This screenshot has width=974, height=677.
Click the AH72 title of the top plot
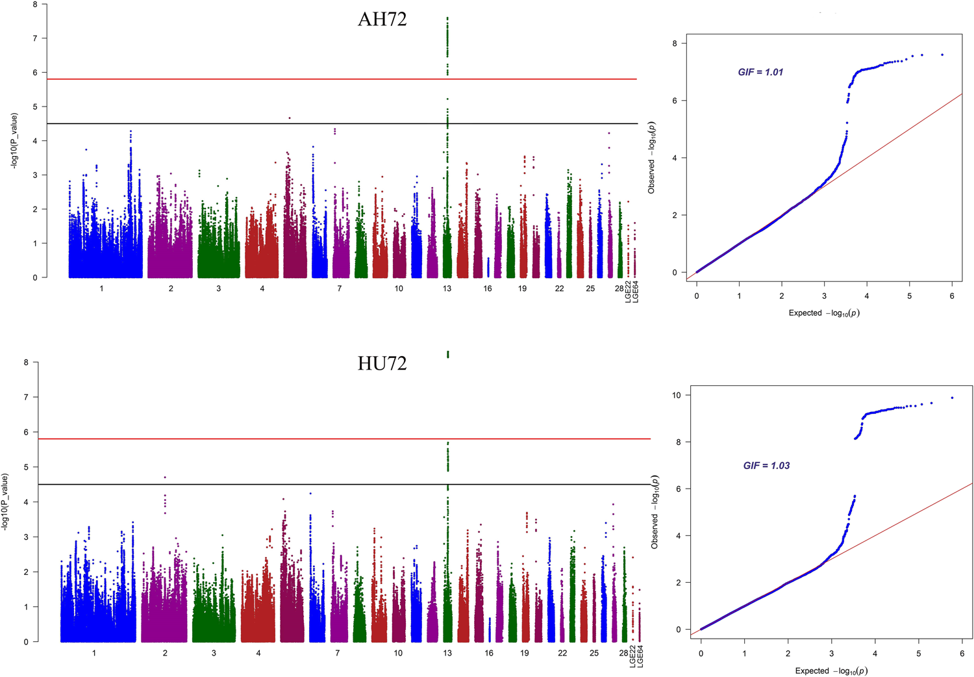tap(382, 19)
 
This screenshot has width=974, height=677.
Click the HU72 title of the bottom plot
tap(382, 363)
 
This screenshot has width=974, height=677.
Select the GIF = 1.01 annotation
tap(760, 72)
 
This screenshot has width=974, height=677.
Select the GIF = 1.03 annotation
tap(766, 466)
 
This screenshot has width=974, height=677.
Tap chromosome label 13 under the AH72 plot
tap(447, 288)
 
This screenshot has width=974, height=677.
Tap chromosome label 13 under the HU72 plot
tap(447, 653)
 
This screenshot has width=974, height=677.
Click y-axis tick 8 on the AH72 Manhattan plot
tap(35, 5)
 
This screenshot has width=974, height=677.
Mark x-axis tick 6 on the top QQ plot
tap(952, 296)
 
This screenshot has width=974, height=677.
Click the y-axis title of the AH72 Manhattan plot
tap(14, 141)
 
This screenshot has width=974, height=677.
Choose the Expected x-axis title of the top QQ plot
tap(824, 313)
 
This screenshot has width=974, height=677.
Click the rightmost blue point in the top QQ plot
tap(942, 55)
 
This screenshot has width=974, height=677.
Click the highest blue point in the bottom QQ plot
tap(952, 398)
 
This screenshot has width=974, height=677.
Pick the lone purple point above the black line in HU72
tap(165, 478)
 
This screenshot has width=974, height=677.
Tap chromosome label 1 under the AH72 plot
tap(101, 288)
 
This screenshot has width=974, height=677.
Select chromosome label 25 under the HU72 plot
tap(594, 653)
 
